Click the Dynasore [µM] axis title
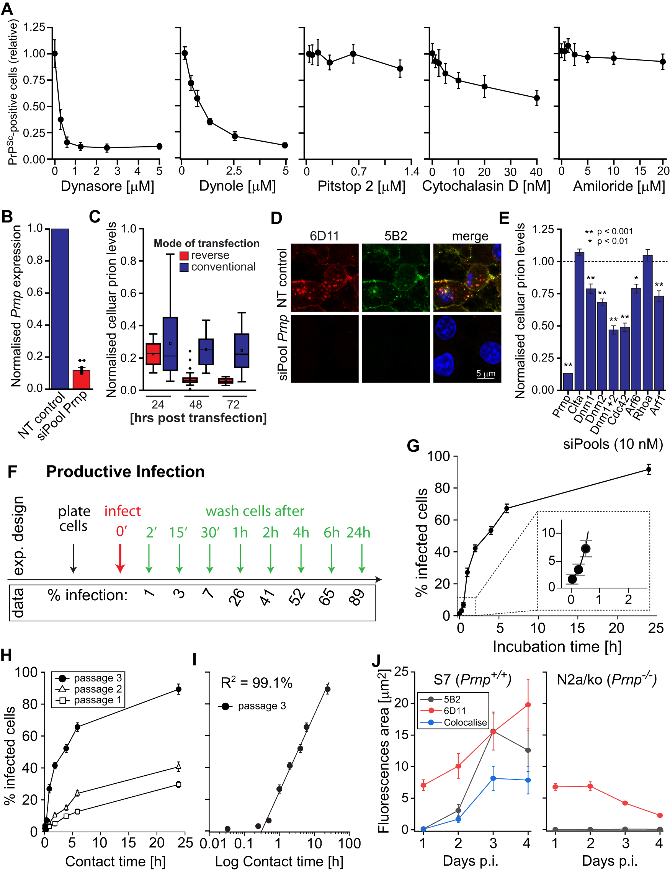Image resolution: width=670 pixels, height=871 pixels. [x=107, y=186]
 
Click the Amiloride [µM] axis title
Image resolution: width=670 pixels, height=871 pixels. [x=619, y=186]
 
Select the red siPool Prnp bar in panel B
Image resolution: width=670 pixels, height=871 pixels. [x=81, y=379]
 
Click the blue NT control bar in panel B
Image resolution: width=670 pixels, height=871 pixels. [x=60, y=309]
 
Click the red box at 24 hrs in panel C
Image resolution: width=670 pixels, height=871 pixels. [x=153, y=353]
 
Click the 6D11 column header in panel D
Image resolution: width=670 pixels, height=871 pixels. [x=324, y=236]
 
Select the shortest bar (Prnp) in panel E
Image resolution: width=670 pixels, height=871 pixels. [x=567, y=381]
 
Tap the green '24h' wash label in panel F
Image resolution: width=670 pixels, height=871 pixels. [x=358, y=533]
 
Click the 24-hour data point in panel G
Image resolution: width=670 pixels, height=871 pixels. [x=649, y=470]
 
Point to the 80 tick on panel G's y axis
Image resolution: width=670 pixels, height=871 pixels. [x=442, y=488]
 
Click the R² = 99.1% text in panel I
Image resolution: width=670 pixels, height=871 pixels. [x=257, y=683]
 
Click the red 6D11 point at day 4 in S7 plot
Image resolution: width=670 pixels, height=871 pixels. [x=528, y=705]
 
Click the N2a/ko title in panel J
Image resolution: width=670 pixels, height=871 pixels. [x=606, y=680]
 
